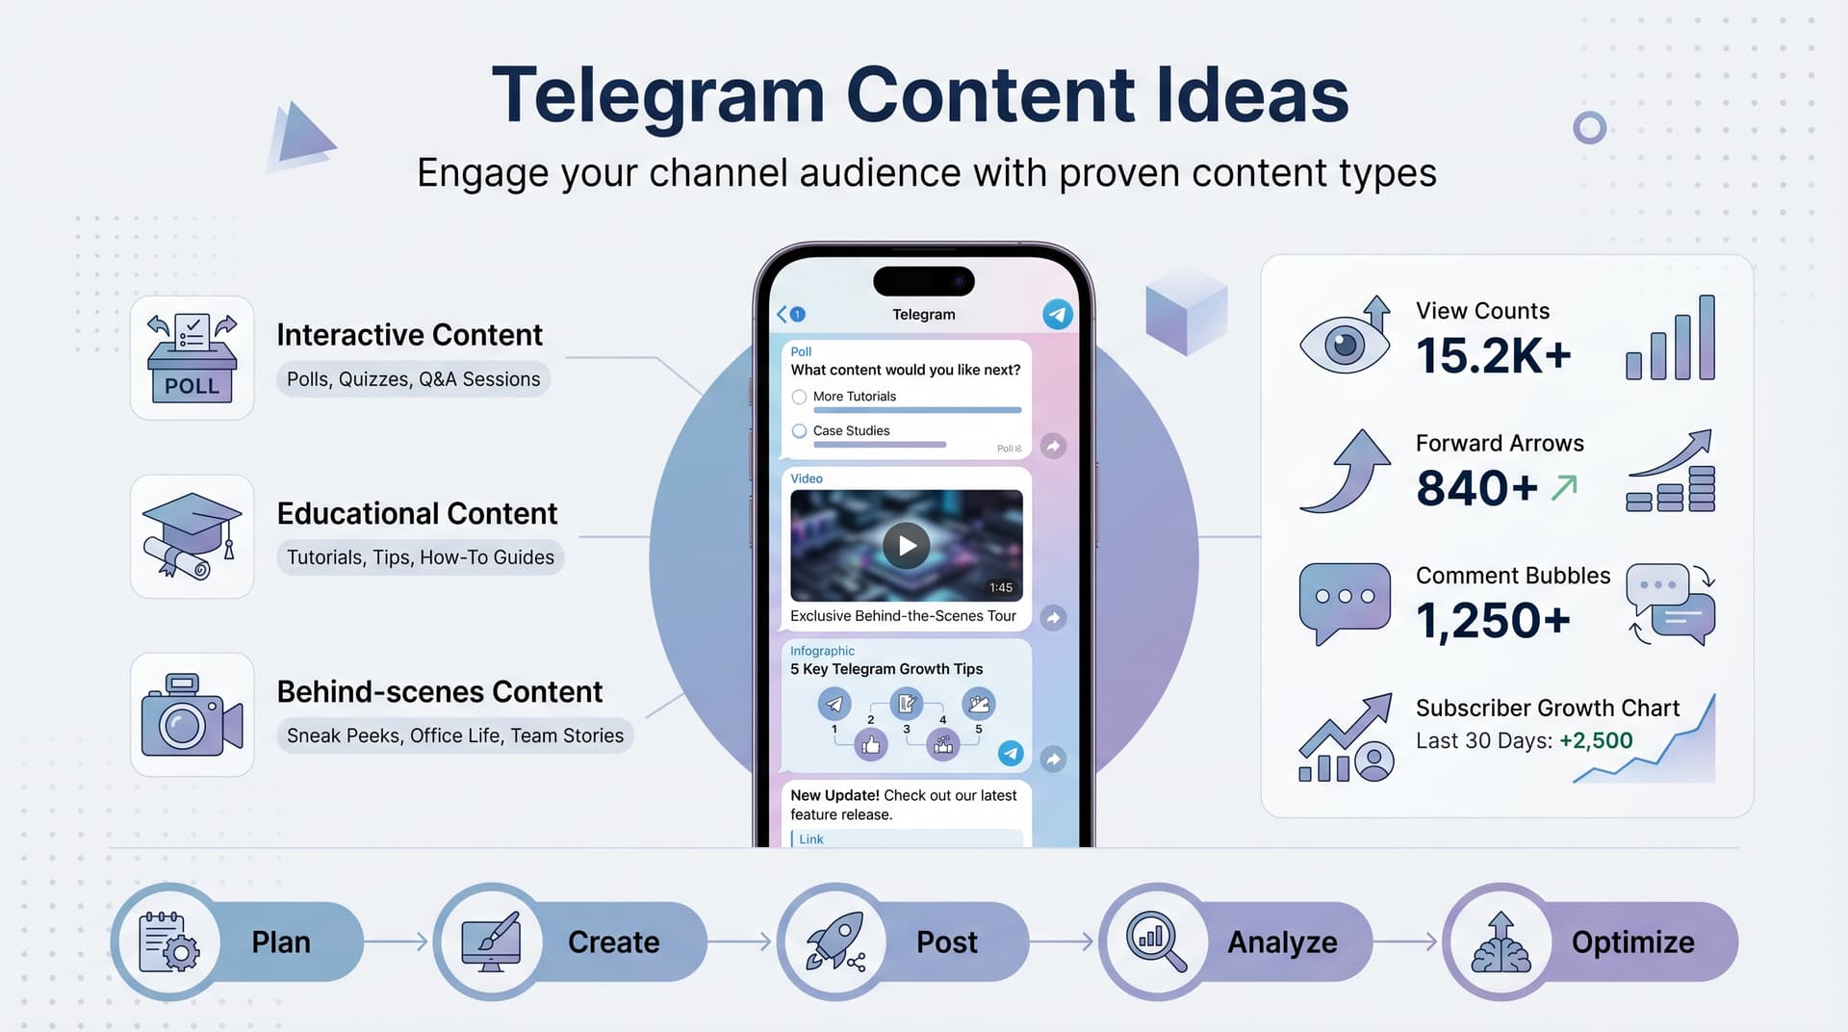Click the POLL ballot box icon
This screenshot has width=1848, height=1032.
(192, 358)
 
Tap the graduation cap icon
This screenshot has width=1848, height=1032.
(192, 536)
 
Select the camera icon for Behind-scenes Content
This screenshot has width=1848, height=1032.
(192, 715)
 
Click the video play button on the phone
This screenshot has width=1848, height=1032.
(906, 546)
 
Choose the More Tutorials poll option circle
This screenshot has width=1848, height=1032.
(799, 397)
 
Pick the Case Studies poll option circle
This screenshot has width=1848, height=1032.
(799, 431)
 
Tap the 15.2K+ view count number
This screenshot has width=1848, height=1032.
(1493, 356)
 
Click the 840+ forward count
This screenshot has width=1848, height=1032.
(1476, 488)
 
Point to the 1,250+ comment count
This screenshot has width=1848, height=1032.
(1493, 621)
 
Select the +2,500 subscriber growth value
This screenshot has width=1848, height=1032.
(1596, 740)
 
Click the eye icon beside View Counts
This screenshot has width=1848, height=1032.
(1344, 344)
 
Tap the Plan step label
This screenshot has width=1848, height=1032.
(281, 942)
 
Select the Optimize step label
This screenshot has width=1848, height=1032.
(1632, 942)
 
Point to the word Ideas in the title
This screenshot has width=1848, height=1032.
(1251, 95)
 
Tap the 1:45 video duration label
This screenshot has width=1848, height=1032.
(1000, 587)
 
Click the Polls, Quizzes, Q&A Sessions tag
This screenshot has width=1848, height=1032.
(414, 379)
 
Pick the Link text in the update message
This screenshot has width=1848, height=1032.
(811, 839)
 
